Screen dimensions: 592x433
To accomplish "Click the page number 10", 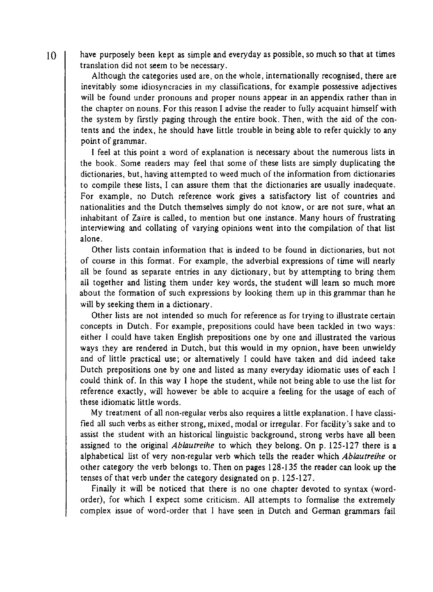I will coord(51,56).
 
